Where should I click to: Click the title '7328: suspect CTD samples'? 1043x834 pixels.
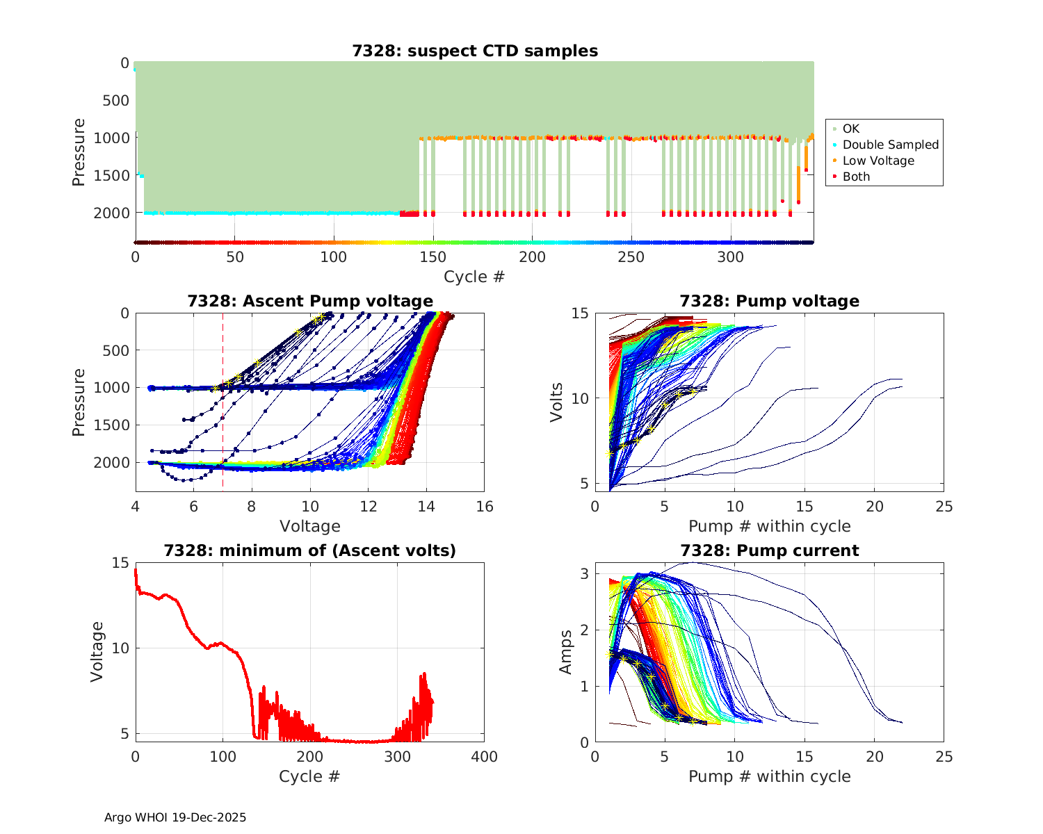tap(474, 51)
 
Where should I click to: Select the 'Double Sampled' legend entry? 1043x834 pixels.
tap(890, 145)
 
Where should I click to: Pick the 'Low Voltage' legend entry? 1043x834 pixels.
tap(878, 161)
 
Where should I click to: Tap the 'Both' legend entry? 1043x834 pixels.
tap(856, 177)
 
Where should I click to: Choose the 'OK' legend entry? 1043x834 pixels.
tap(850, 129)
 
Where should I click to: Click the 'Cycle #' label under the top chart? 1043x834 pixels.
tap(474, 277)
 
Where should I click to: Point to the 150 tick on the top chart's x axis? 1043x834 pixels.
tap(433, 257)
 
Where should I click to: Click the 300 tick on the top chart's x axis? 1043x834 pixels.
tap(731, 257)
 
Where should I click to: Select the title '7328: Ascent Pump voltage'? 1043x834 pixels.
tap(310, 301)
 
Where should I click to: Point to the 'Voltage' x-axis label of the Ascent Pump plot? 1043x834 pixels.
tap(310, 526)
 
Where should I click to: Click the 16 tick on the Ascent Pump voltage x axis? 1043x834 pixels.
tap(485, 507)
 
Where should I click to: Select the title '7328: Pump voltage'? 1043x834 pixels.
tap(769, 301)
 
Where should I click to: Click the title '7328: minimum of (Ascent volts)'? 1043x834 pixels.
tap(310, 550)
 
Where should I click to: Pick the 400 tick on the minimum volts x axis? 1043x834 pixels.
tap(485, 757)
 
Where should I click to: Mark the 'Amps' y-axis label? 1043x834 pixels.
tap(566, 651)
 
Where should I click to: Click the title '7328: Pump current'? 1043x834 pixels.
tap(769, 550)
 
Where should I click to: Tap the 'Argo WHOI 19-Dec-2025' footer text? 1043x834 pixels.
tap(175, 817)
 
